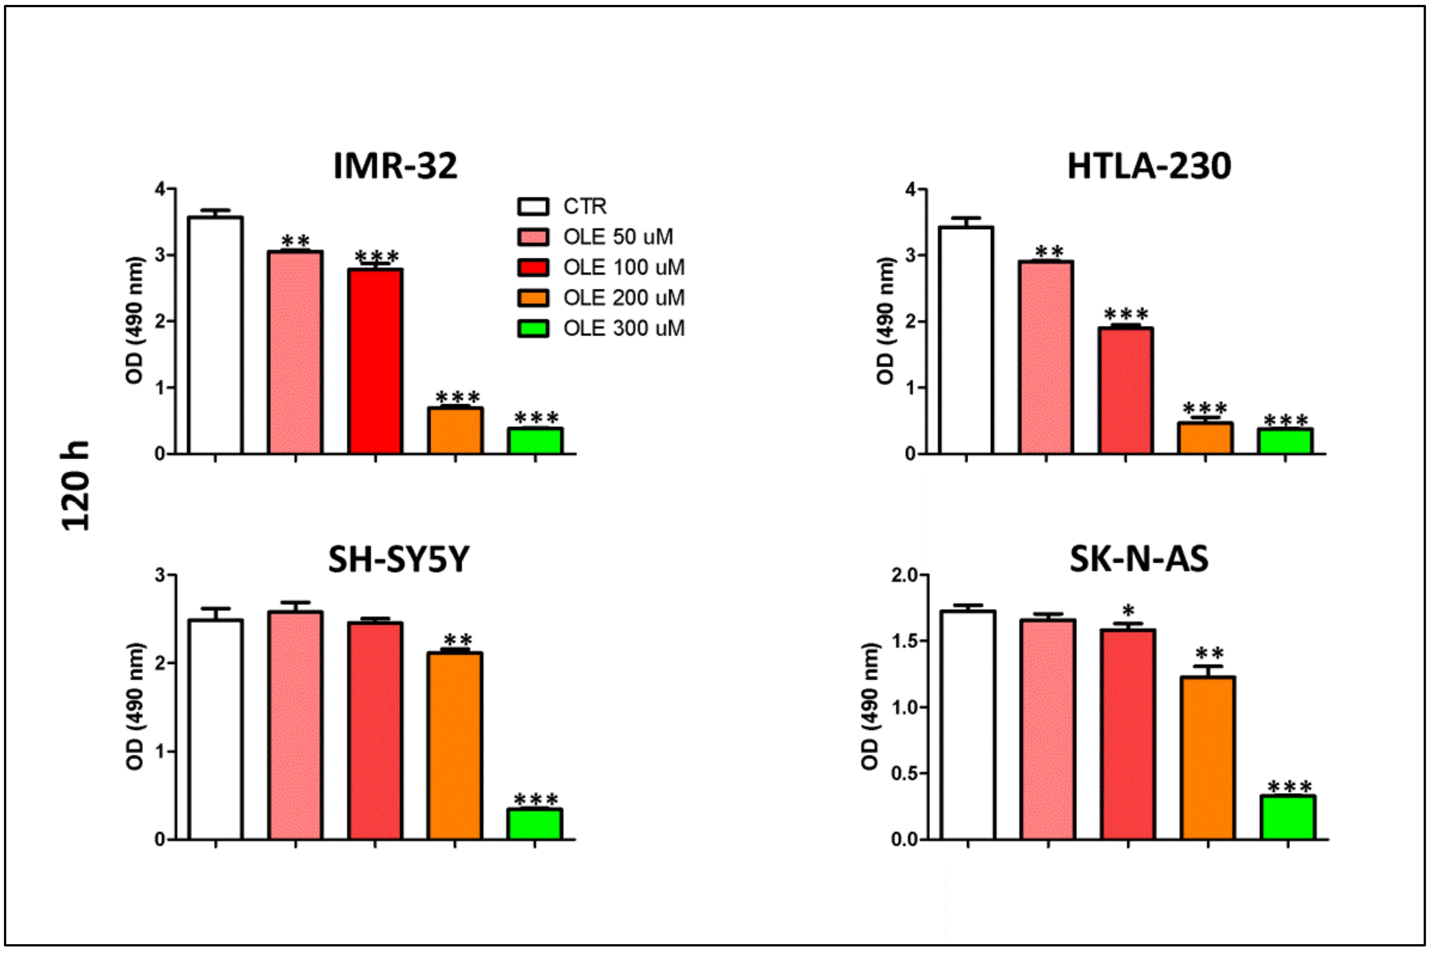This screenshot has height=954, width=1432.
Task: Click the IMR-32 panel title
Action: (x=395, y=166)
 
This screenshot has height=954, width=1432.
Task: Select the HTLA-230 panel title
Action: (x=1149, y=166)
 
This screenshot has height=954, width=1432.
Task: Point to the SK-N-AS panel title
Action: (x=1139, y=559)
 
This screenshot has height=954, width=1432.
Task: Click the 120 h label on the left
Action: (x=76, y=486)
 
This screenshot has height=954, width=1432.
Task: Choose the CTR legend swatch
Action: (x=533, y=206)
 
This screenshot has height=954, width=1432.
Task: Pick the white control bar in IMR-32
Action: (x=215, y=335)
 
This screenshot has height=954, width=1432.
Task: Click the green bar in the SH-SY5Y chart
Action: (x=535, y=824)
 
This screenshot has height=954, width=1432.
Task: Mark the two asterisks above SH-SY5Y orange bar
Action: (x=457, y=640)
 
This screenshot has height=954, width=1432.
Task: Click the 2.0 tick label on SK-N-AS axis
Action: (x=906, y=575)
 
